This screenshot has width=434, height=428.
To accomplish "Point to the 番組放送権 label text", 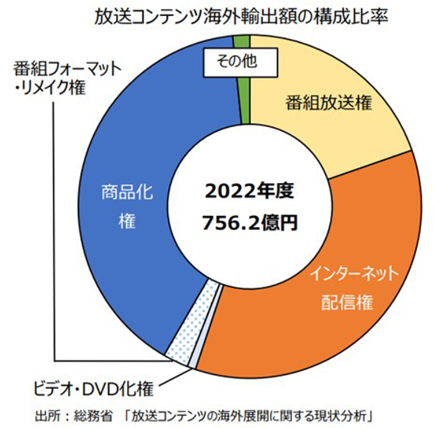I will click(x=328, y=104).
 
